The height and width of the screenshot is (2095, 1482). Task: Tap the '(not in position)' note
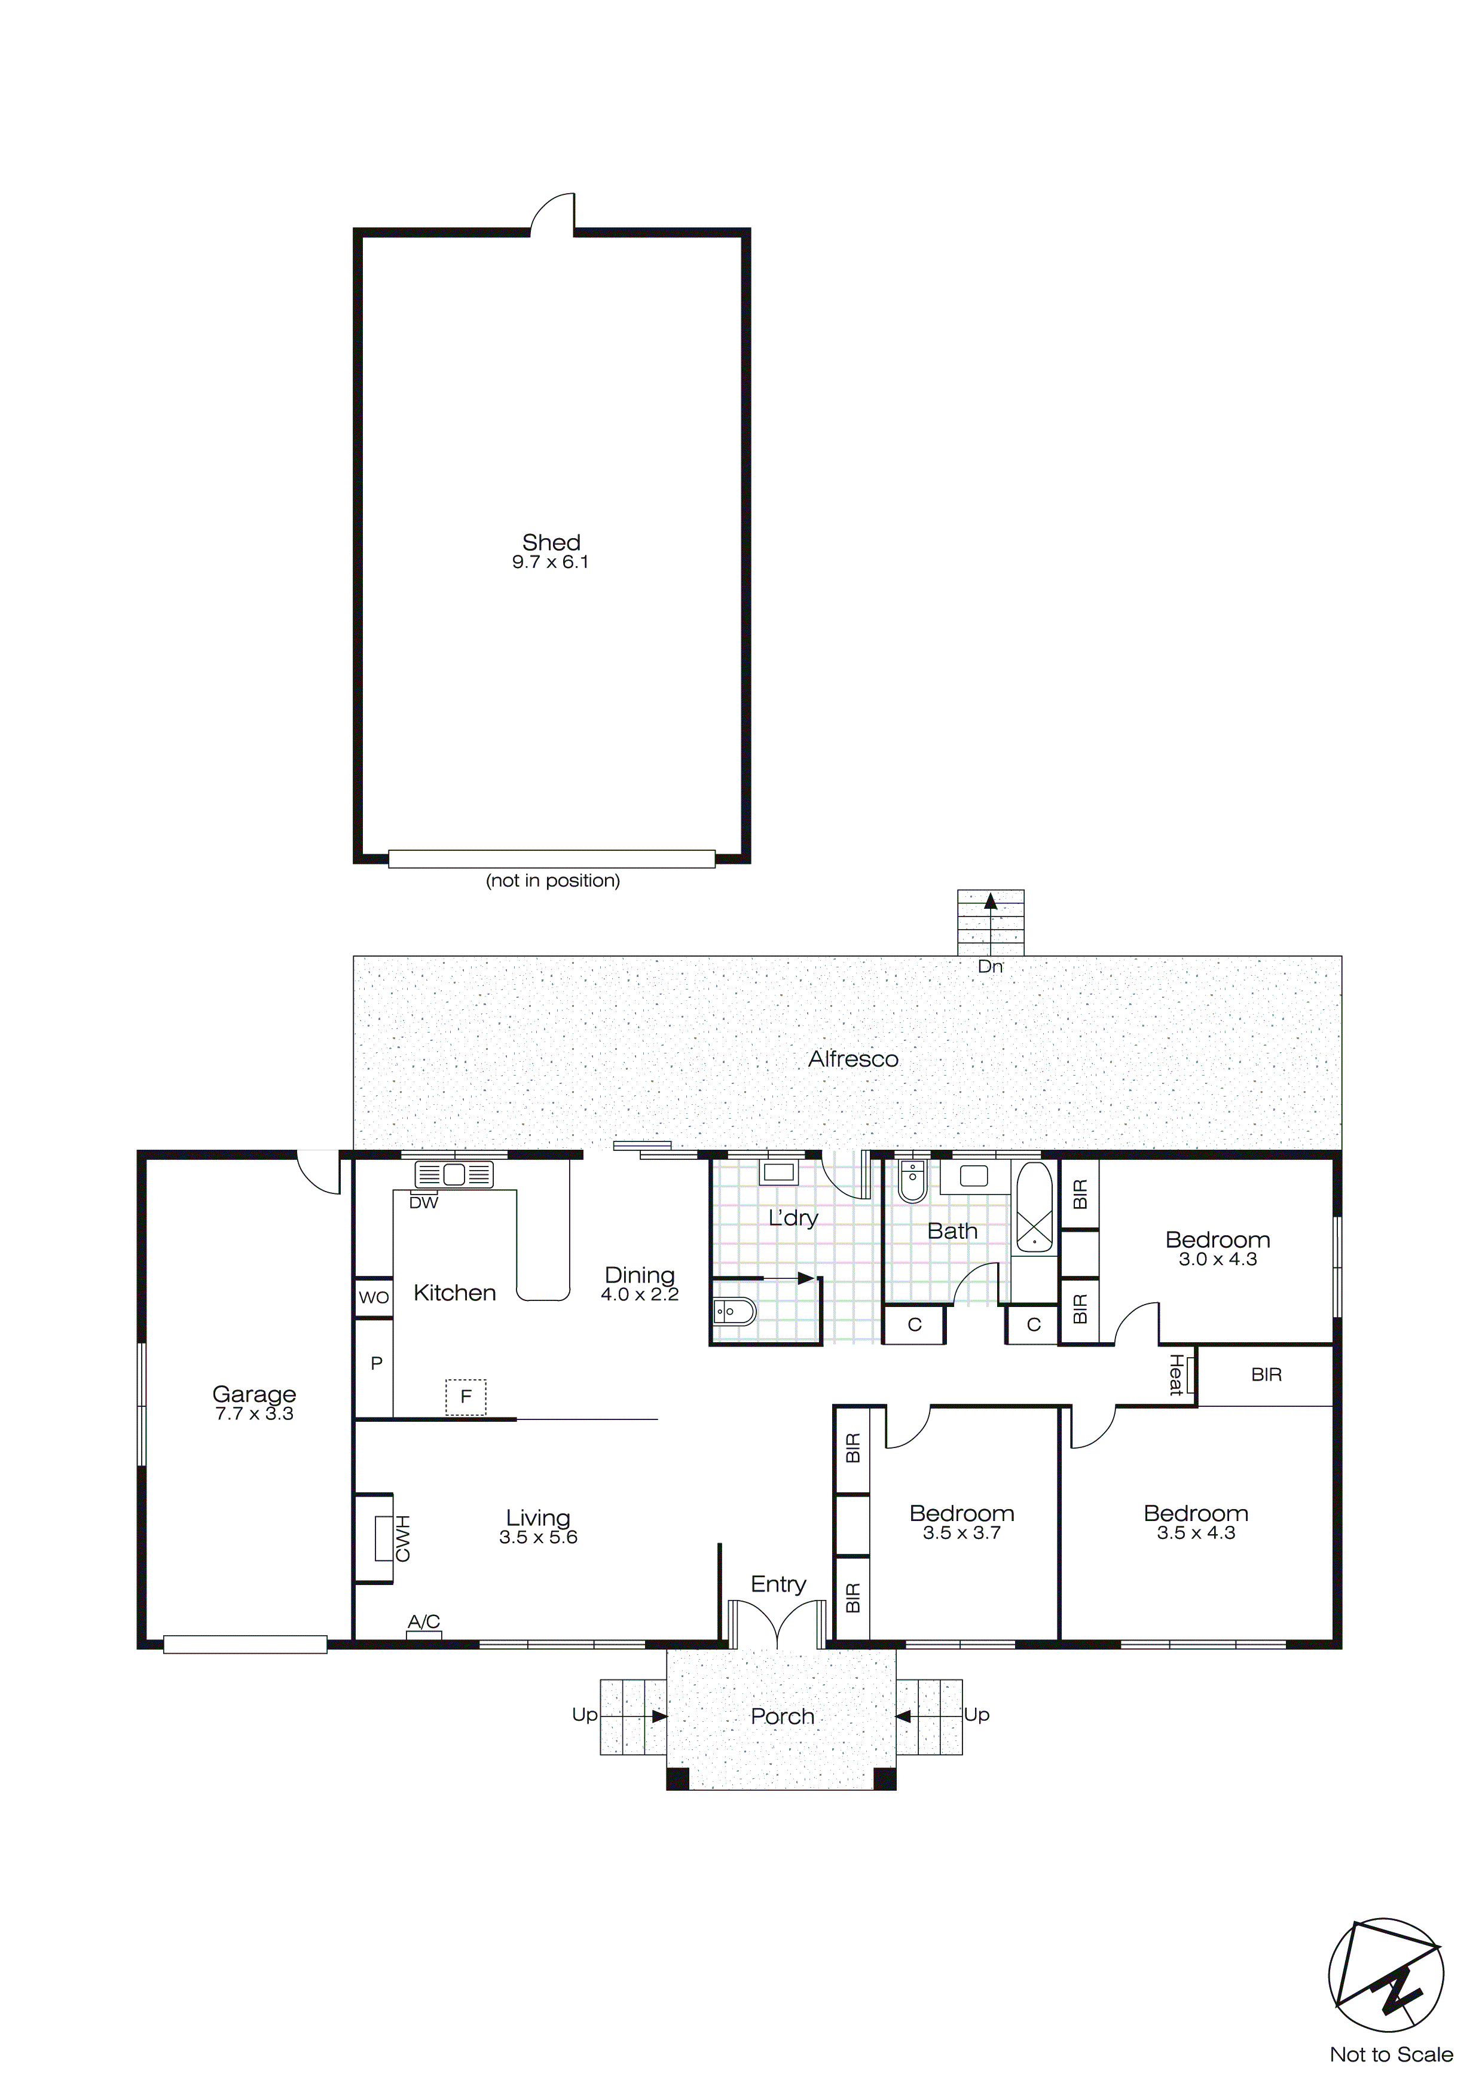(x=553, y=881)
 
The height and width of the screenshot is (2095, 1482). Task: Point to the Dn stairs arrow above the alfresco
(x=990, y=903)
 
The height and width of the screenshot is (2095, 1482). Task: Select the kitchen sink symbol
(x=454, y=1174)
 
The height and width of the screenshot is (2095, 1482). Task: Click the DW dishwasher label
(x=423, y=1202)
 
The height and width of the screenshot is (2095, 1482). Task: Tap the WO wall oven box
(x=373, y=1297)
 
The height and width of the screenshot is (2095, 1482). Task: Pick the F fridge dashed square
(x=466, y=1397)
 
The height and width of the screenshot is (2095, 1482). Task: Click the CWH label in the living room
(x=402, y=1538)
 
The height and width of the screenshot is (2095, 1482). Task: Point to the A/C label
(x=423, y=1621)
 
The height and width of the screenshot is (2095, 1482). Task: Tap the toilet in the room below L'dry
(x=733, y=1312)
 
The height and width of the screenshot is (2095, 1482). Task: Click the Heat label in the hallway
(x=1177, y=1375)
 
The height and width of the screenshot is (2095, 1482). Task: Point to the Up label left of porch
(x=584, y=1715)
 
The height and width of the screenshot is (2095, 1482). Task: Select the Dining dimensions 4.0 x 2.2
(x=640, y=1295)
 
